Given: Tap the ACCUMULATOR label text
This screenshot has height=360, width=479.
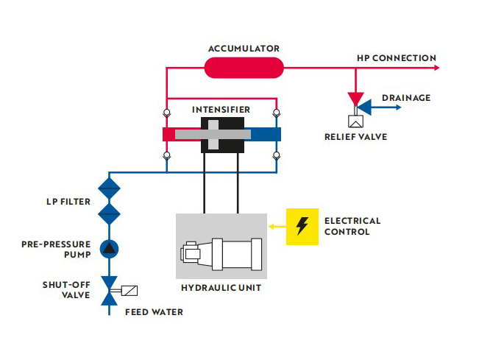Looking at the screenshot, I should click(244, 49).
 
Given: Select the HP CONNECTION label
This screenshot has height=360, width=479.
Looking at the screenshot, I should click(396, 58).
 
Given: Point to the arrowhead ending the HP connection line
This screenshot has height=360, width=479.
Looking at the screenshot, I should click(437, 68).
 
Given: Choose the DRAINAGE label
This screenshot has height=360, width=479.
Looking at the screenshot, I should click(406, 98).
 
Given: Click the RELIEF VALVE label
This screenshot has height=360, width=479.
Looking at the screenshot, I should click(355, 136).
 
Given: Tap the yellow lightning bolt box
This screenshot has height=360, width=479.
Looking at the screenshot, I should click(302, 226).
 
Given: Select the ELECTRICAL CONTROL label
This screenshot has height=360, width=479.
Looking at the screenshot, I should click(352, 226).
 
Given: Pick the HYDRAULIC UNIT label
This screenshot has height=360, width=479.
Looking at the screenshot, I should click(221, 288).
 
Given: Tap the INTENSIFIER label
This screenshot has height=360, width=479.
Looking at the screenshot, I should click(221, 109).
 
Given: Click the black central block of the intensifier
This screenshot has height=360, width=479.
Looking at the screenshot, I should click(221, 134).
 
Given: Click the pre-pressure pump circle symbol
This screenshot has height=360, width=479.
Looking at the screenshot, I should click(109, 247).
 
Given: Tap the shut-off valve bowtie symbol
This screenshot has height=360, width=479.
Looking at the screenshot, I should click(109, 290).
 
